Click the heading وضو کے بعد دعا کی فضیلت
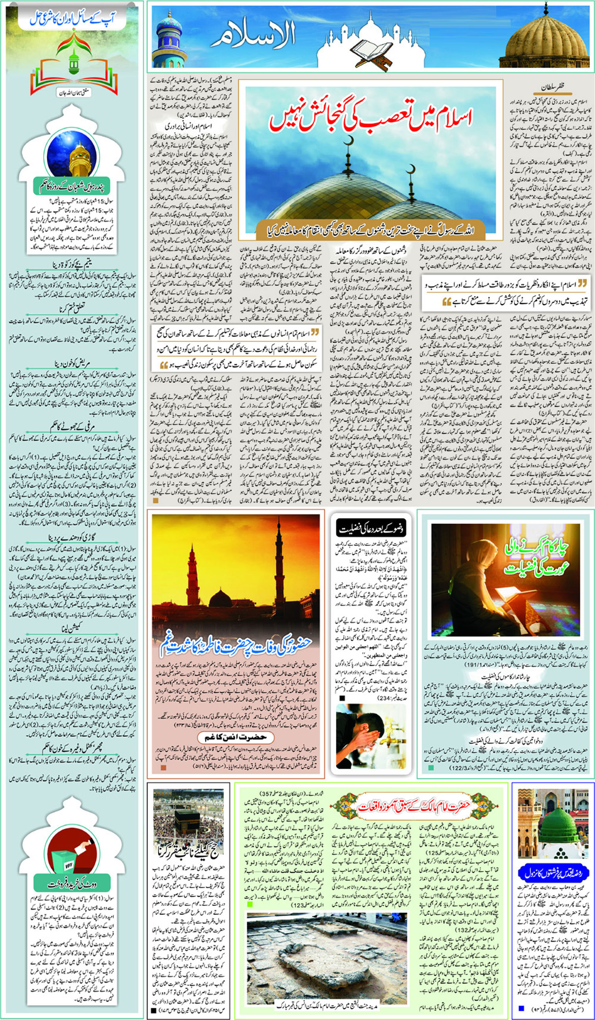pos(370,528)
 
